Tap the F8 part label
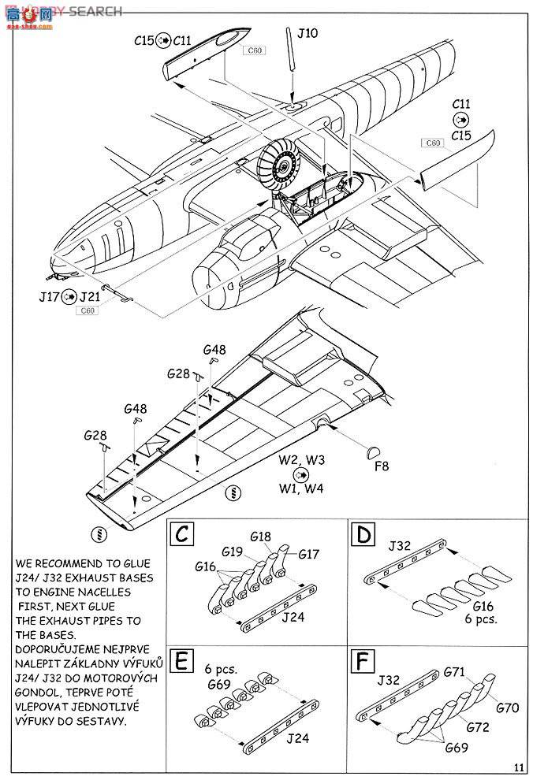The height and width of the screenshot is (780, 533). pos(382,466)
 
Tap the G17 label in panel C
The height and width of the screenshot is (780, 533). pos(308,555)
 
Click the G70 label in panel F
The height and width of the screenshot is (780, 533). pos(507,708)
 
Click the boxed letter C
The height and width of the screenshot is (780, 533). pos(181,536)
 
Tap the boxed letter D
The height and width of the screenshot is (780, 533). pos(363,536)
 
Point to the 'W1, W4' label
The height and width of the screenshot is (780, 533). pos(300,489)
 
